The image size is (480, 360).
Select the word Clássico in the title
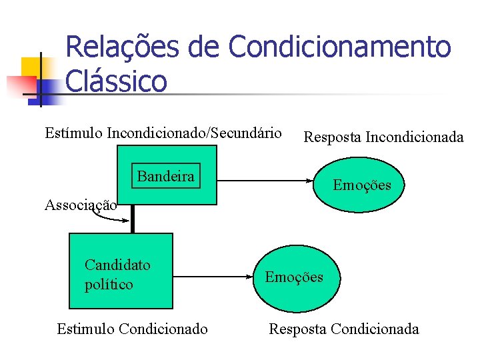117,82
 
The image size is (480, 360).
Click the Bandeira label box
166,176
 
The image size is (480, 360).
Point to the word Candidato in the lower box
117,265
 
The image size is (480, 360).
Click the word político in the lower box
109,285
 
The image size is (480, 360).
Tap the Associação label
81,205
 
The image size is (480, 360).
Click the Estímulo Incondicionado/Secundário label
163,133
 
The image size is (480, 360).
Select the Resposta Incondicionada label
383,137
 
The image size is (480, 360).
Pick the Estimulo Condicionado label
132,329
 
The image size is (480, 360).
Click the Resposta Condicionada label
344,329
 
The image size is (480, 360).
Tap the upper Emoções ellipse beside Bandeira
362,185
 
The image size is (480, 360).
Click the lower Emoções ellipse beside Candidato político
294,276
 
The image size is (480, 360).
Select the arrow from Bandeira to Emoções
267,181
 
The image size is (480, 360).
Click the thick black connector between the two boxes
133,219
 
